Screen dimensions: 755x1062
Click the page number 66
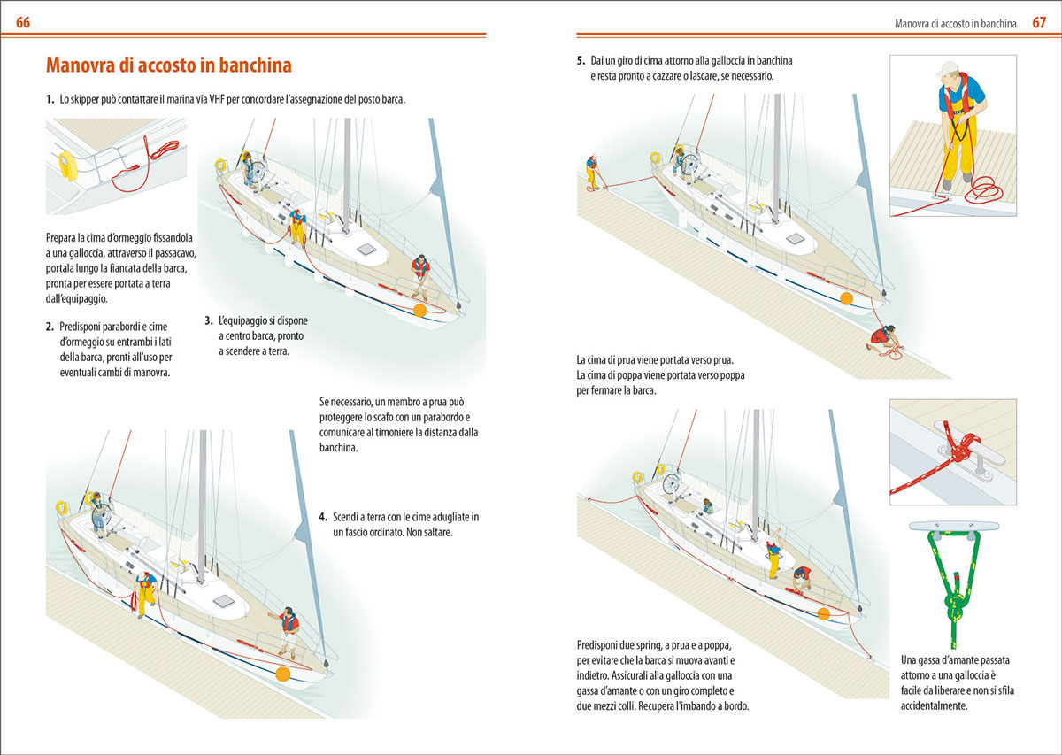[x=23, y=22]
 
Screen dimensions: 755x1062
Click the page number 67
[x=1039, y=22]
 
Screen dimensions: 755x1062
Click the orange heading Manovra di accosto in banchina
[x=168, y=65]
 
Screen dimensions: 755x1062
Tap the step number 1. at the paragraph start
[x=50, y=100]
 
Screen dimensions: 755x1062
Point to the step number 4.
[x=323, y=516]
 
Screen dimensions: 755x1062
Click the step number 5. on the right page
[x=581, y=62]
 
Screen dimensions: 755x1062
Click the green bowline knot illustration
[x=950, y=589]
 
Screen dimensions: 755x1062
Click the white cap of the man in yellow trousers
[x=949, y=69]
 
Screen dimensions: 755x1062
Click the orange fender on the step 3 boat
[x=419, y=310]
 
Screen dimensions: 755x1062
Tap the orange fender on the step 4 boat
[x=283, y=674]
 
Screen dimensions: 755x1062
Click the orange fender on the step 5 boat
[x=847, y=299]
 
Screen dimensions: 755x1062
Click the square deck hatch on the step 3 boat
[x=366, y=250]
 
